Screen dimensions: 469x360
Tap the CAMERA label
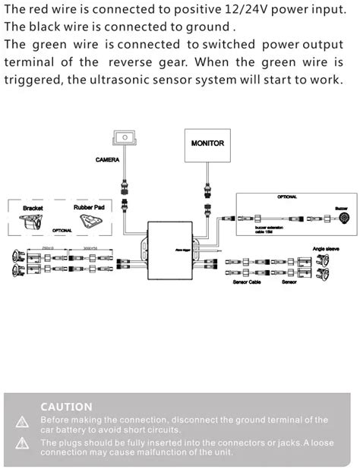(107, 160)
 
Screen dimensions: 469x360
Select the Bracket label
(33, 207)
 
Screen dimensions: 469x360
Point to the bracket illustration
(33, 222)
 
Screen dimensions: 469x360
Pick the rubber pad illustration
(91, 222)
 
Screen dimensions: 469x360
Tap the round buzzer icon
(341, 219)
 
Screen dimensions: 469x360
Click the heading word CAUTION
(66, 407)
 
